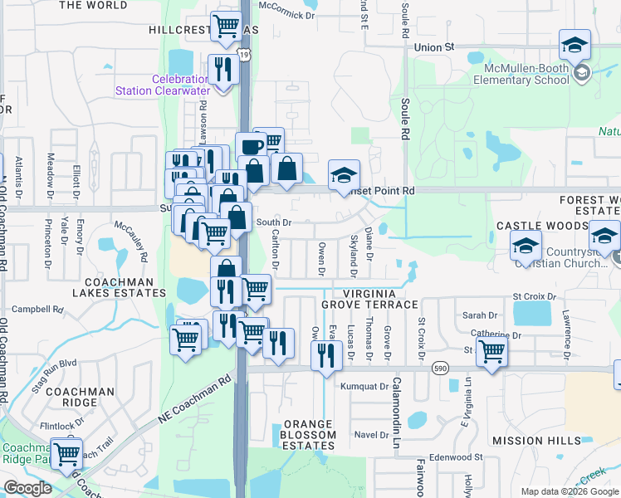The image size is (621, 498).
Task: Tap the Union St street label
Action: pos(437,47)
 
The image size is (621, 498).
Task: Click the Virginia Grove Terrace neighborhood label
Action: pos(376,300)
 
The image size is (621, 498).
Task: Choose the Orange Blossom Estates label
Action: pos(307,435)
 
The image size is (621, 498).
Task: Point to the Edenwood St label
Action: pos(457,457)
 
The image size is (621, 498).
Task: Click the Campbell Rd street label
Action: pos(37,309)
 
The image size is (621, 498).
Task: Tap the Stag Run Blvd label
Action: pos(51,364)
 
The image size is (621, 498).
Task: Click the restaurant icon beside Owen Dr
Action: pos(326,354)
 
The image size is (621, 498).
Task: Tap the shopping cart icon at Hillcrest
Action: pos(226,27)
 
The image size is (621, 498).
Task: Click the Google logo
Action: pos(28,488)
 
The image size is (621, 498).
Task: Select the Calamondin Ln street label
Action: pos(397,403)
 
